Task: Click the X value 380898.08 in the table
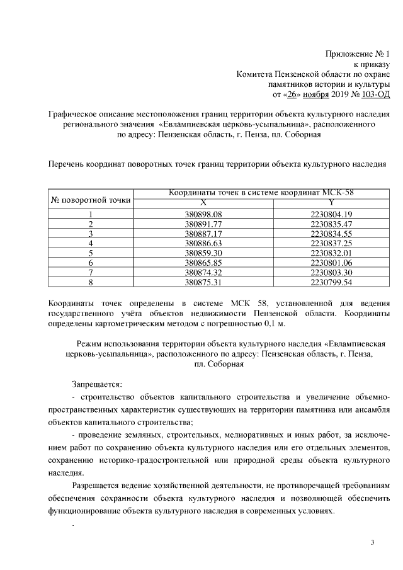coord(203,214)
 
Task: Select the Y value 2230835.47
coord(331,224)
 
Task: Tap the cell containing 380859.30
coord(203,252)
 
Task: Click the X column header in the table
coord(203,202)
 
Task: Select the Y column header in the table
coord(331,202)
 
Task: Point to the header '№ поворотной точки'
coord(91,200)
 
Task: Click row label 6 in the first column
coord(91,261)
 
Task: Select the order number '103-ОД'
coord(376,94)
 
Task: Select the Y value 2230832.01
coord(331,252)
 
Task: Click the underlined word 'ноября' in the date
coord(315,94)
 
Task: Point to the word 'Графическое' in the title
coord(75,114)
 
